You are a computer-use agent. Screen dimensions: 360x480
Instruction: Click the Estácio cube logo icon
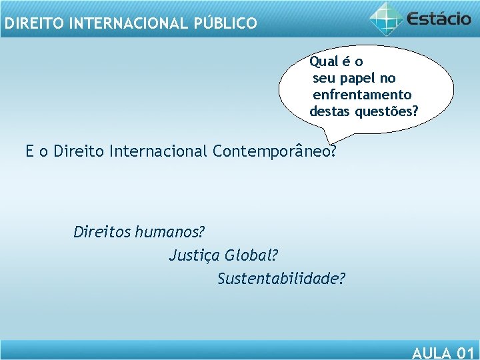point(387,18)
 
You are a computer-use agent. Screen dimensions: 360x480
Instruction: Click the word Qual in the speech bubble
point(324,62)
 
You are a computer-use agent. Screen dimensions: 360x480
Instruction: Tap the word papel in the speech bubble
point(359,78)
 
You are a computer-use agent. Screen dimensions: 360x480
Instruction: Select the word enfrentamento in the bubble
point(362,95)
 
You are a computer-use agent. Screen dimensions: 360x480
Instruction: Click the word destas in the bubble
point(329,111)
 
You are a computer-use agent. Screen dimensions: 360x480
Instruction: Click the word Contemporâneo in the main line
point(273,151)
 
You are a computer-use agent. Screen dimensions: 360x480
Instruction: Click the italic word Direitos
point(101,233)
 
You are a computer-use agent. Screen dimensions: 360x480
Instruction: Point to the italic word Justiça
point(195,255)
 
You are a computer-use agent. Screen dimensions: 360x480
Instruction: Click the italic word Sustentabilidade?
point(281,278)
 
